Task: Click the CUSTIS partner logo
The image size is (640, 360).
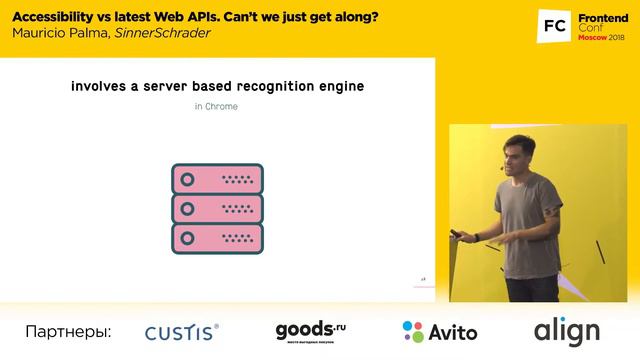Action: click(x=182, y=332)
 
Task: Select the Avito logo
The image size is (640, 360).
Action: click(x=439, y=332)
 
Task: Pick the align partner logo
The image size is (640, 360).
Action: click(x=566, y=331)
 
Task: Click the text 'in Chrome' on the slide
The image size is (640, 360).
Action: click(x=216, y=106)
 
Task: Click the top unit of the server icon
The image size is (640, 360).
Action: click(x=217, y=179)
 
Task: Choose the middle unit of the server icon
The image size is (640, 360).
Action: click(x=217, y=209)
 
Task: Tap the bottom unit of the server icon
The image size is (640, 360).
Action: click(x=217, y=239)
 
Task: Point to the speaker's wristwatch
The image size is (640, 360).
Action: click(x=477, y=236)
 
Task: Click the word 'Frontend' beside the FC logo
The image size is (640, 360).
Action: click(x=602, y=15)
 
